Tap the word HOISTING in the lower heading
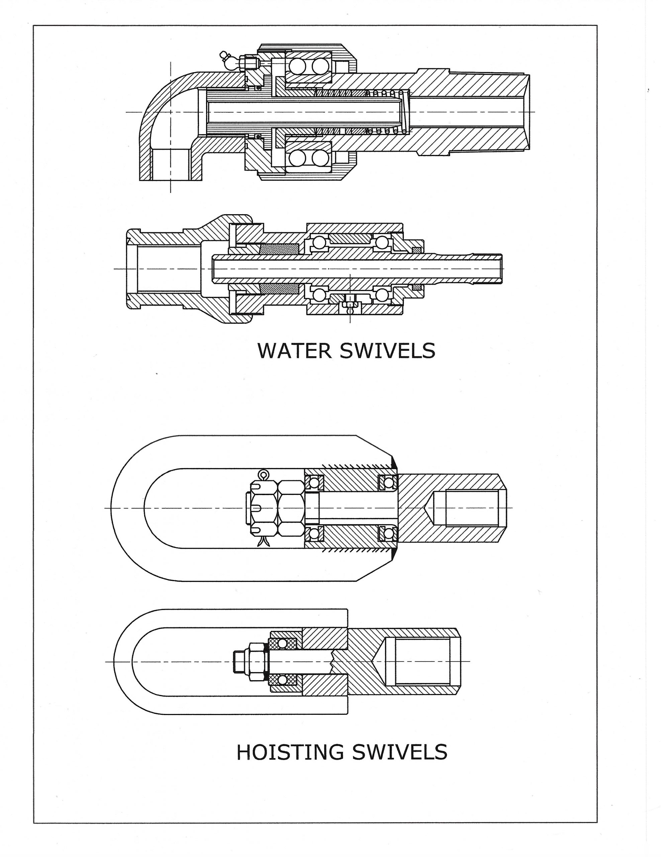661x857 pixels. point(290,752)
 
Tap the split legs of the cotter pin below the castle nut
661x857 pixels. point(262,543)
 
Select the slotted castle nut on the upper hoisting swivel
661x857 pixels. point(264,508)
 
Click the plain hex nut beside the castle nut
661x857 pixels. point(290,508)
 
